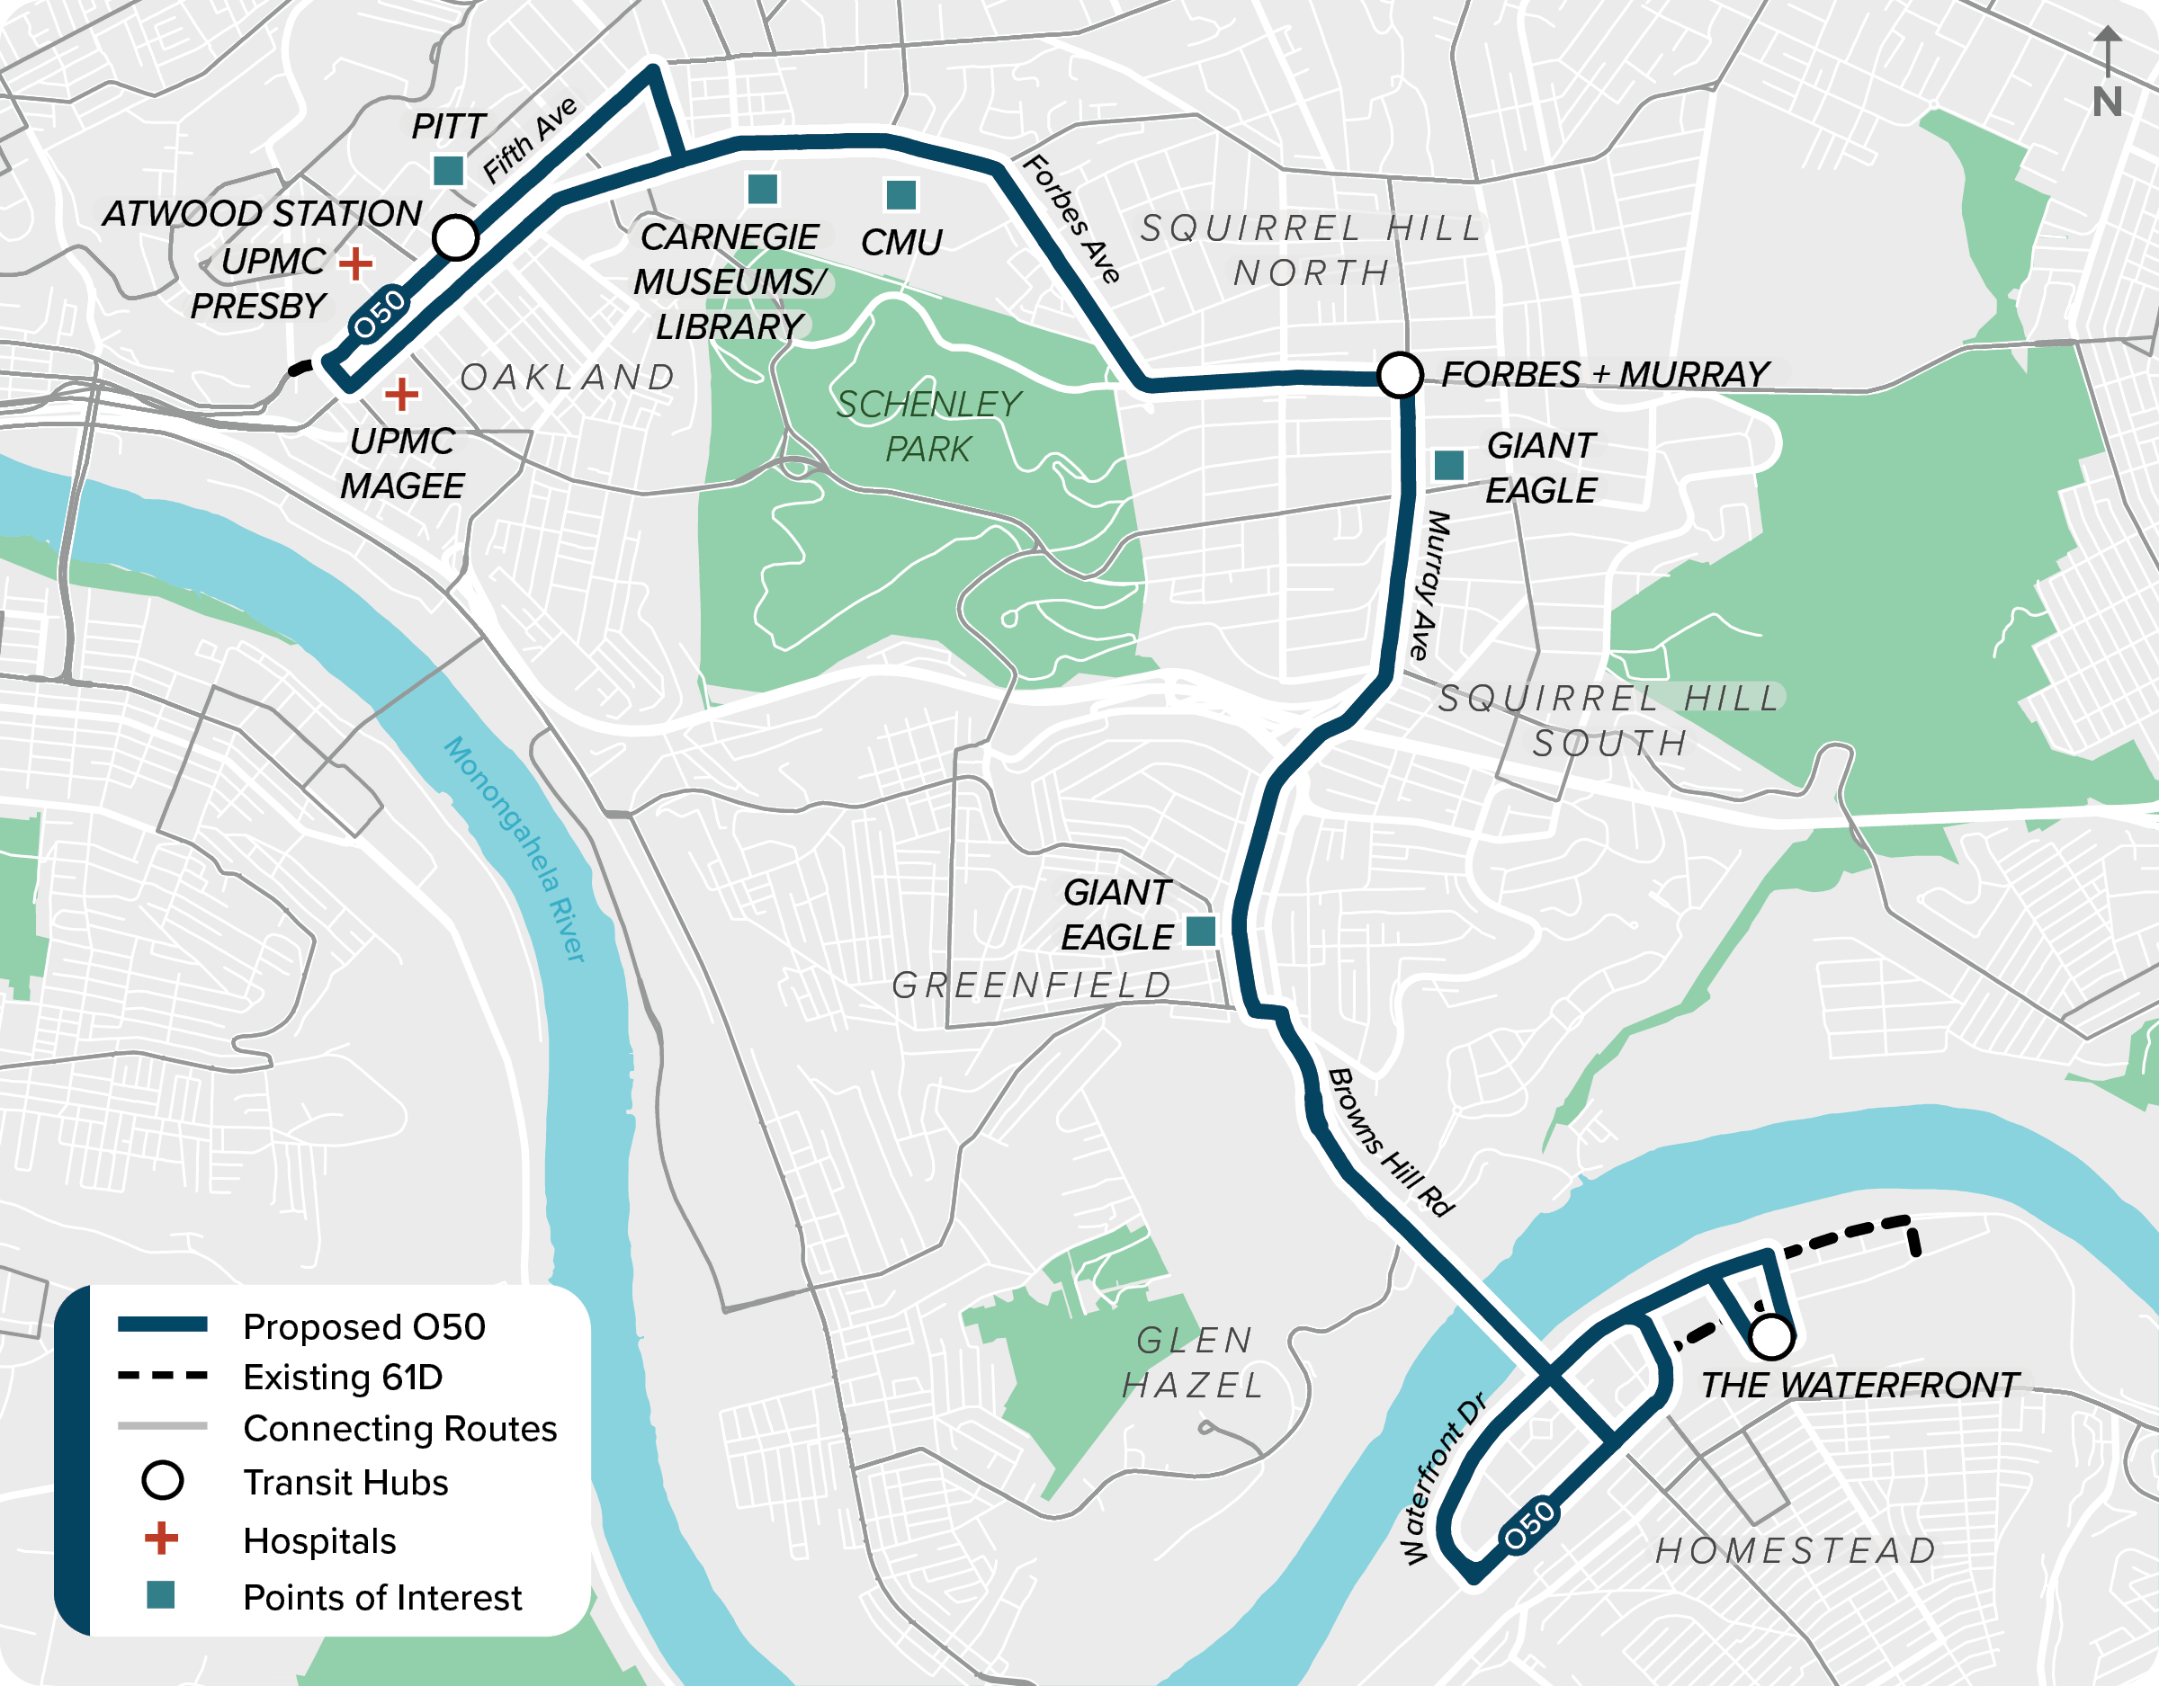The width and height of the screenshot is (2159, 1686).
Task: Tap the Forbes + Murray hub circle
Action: coord(1400,376)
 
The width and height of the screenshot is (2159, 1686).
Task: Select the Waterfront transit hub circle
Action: coord(1771,1337)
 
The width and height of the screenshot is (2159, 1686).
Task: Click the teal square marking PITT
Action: coord(449,171)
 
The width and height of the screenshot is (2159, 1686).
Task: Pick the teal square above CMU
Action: coord(900,195)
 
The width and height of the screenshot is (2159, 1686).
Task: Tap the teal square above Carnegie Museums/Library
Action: coord(762,188)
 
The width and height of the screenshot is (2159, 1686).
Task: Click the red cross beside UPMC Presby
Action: coord(356,263)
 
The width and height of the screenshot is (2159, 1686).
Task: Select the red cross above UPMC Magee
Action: coord(401,395)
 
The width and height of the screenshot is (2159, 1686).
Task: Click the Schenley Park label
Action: coord(928,426)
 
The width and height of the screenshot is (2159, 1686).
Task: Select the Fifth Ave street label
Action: coord(530,140)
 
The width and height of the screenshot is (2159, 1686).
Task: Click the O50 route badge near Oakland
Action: coord(380,313)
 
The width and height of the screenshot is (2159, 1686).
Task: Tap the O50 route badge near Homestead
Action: coord(1529,1525)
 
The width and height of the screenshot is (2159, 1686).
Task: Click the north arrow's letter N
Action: coord(2107,102)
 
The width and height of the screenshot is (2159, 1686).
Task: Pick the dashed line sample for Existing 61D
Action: coord(162,1376)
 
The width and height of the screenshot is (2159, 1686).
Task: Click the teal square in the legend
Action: coord(160,1595)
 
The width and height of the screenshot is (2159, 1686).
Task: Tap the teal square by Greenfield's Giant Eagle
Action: coord(1200,930)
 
